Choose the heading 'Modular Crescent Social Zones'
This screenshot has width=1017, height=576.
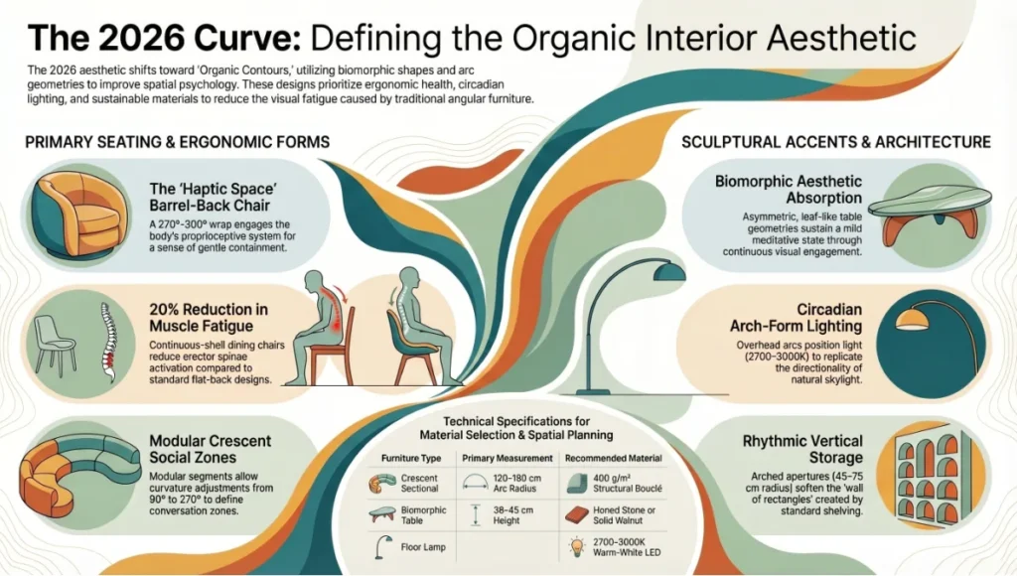click(x=210, y=449)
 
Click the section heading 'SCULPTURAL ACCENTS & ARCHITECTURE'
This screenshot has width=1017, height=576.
click(x=836, y=142)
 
